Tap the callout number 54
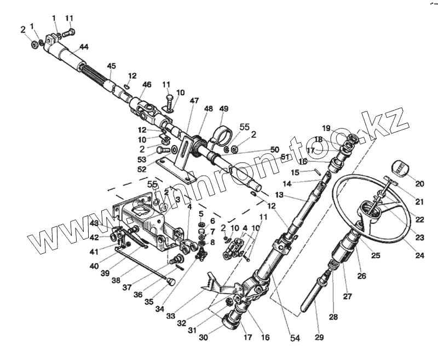tap(296, 339)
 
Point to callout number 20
tap(419, 184)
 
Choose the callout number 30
tap(203, 338)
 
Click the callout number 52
tap(142, 170)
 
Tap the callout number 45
tap(112, 67)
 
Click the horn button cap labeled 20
tap(402, 167)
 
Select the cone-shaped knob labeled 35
tap(170, 282)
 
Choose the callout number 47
tap(194, 101)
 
